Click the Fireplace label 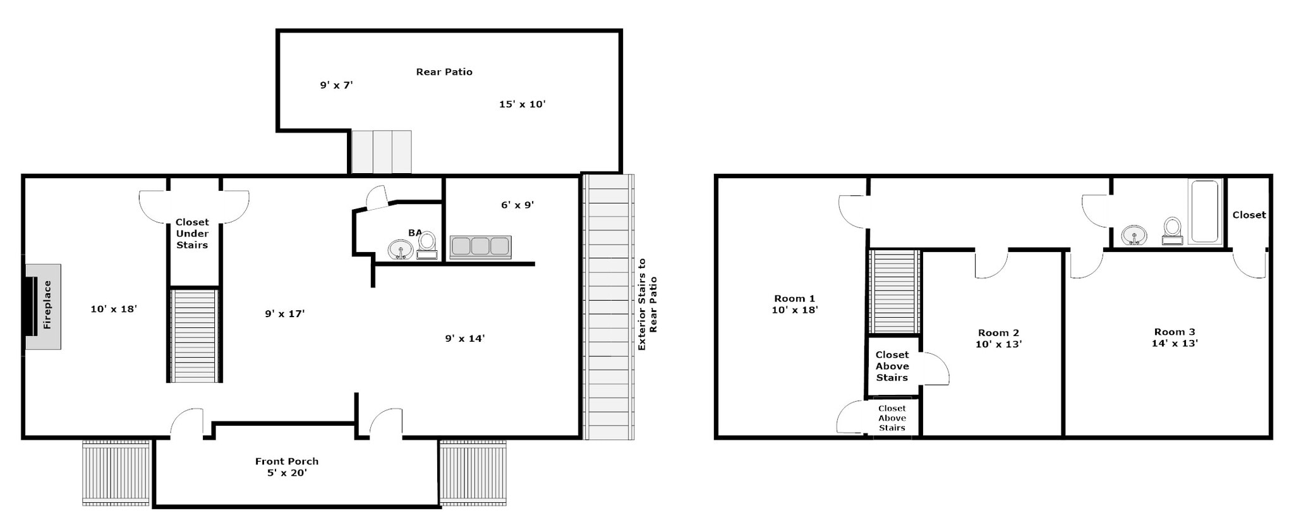pos(47,305)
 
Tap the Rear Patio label pos(444,72)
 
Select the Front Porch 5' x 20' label pos(287,467)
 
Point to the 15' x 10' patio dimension pos(522,104)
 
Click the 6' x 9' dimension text pos(517,205)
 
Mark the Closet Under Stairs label pos(192,234)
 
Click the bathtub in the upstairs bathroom pos(1204,212)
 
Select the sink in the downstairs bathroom pos(400,250)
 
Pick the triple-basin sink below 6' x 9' pos(480,247)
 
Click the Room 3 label pos(1175,332)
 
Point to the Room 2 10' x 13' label pos(998,339)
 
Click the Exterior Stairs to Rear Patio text pos(647,305)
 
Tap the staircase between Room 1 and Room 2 pos(893,291)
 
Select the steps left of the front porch pos(116,473)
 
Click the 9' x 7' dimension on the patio pos(336,85)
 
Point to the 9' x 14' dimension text pos(464,339)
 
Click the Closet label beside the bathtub pos(1249,215)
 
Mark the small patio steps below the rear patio pos(381,152)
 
